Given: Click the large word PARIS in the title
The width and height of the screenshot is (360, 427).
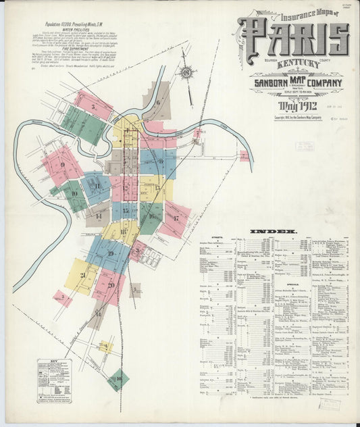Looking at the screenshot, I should (294, 39).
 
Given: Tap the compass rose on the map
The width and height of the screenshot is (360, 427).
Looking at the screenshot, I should (186, 71).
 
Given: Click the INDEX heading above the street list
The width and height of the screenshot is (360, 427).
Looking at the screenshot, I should (274, 232).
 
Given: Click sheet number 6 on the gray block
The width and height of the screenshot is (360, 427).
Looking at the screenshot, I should (158, 102).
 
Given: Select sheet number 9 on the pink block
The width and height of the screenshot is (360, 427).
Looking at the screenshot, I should (62, 164).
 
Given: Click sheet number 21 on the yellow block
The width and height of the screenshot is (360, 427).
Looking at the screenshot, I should (82, 275).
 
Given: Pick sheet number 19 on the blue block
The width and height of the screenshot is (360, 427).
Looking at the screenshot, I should (110, 253).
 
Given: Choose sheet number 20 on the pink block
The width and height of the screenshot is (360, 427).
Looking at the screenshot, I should (110, 284).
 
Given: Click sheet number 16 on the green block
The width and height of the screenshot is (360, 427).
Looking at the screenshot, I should (151, 216).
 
